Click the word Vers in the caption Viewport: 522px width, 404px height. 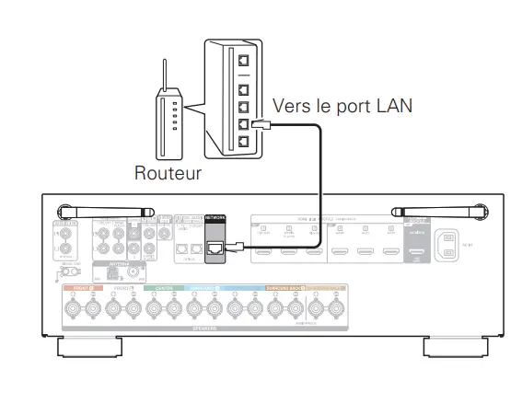[x=292, y=106]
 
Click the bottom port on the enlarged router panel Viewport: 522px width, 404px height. [x=244, y=142]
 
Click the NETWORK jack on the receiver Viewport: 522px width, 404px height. [x=215, y=248]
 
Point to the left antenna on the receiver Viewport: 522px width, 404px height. [x=93, y=211]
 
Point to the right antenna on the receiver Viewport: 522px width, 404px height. [x=432, y=211]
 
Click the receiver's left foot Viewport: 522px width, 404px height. [x=87, y=349]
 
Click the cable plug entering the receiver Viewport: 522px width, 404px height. [x=236, y=246]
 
